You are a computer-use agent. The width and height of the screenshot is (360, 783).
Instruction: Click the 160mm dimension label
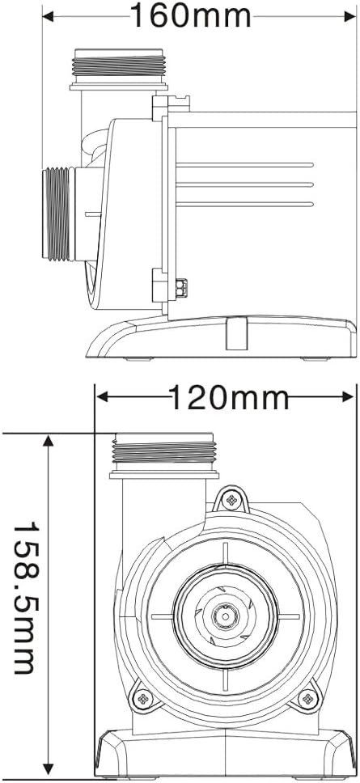[191, 15]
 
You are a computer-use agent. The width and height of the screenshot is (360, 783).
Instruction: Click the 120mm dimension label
[229, 397]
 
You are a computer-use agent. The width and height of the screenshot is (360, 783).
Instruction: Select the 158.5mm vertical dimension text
[25, 596]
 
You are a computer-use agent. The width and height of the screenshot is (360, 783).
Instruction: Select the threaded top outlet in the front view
[165, 453]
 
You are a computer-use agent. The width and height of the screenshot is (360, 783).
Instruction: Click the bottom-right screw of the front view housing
[310, 696]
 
